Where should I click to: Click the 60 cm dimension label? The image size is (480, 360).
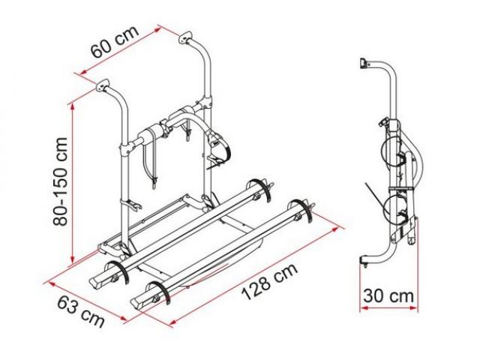(x=115, y=41)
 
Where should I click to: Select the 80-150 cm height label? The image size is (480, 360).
(x=60, y=181)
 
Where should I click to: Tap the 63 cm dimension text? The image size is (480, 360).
(x=81, y=312)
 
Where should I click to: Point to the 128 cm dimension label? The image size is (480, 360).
(x=270, y=281)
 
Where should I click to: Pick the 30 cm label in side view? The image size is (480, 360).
(x=388, y=296)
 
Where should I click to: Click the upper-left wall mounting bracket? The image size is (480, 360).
(x=103, y=85)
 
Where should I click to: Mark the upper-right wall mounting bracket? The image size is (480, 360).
(x=186, y=37)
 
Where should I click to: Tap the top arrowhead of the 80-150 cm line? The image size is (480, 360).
(x=73, y=106)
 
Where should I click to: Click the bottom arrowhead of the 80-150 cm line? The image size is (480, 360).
(x=73, y=259)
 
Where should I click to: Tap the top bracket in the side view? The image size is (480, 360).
(x=363, y=64)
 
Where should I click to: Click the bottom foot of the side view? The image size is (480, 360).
(x=363, y=262)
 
